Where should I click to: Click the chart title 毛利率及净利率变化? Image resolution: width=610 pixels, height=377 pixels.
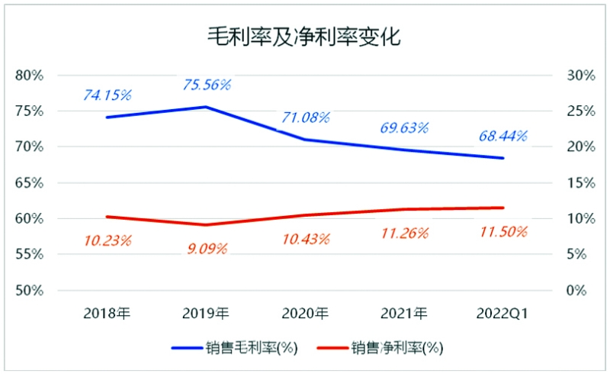pyautogui.click(x=305, y=37)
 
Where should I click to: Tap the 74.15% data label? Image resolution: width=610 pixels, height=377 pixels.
pyautogui.click(x=108, y=95)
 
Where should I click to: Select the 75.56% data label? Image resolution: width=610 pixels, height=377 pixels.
pyautogui.click(x=207, y=85)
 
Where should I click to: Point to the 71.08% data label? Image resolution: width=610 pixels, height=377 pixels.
pyautogui.click(x=305, y=118)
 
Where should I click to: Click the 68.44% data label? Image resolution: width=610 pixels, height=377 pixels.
pyautogui.click(x=503, y=137)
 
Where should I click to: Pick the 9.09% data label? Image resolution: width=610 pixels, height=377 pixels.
pyautogui.click(x=207, y=248)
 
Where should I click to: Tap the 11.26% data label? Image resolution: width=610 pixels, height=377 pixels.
pyautogui.click(x=404, y=233)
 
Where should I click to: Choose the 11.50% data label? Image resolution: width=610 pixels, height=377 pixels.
pyautogui.click(x=502, y=232)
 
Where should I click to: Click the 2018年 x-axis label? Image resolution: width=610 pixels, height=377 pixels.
pyautogui.click(x=108, y=313)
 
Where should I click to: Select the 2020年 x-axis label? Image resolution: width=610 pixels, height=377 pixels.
pyautogui.click(x=305, y=313)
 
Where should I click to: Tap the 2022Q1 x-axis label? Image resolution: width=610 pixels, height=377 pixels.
pyautogui.click(x=502, y=313)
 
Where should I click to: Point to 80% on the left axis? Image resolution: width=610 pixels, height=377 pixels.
pyautogui.click(x=30, y=75)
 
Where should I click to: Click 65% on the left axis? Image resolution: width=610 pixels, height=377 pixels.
pyautogui.click(x=30, y=182)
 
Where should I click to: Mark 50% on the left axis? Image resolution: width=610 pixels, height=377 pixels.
pyautogui.click(x=30, y=291)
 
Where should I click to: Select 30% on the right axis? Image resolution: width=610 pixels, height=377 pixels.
pyautogui.click(x=580, y=75)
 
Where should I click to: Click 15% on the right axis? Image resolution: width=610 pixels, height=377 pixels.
pyautogui.click(x=580, y=182)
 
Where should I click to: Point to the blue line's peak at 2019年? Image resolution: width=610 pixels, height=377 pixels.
pyautogui.click(x=207, y=107)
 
